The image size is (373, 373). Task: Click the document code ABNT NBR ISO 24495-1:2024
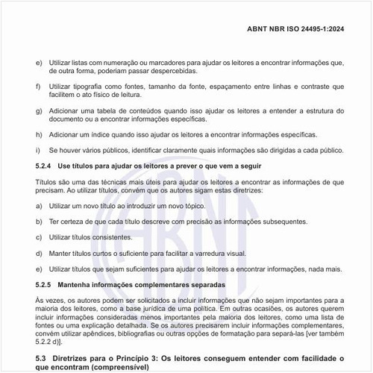click(307, 30)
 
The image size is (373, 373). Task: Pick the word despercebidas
click(173, 71)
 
